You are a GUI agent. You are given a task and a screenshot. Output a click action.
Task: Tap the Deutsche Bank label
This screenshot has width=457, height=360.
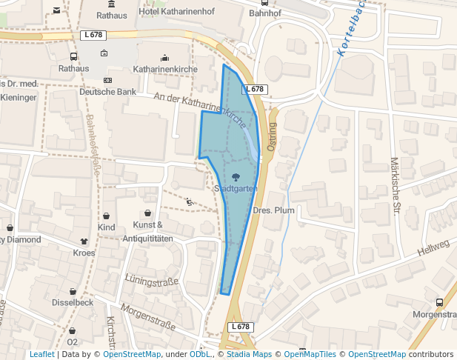(x=108, y=92)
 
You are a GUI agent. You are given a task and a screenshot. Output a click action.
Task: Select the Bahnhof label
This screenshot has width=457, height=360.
(x=265, y=13)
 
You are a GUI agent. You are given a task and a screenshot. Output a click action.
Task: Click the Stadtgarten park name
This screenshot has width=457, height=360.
(x=236, y=189)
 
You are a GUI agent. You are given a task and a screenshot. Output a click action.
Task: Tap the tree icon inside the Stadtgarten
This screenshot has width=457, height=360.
(x=236, y=176)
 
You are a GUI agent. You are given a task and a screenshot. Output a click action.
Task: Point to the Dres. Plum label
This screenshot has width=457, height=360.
(x=274, y=210)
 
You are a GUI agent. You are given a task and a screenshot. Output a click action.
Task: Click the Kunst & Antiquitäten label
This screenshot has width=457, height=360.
(x=147, y=231)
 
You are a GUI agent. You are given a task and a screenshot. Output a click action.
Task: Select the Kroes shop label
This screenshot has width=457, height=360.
(x=84, y=253)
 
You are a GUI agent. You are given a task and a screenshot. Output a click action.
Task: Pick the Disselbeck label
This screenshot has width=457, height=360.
(x=73, y=302)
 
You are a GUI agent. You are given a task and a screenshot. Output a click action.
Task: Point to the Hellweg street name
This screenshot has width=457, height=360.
(x=433, y=249)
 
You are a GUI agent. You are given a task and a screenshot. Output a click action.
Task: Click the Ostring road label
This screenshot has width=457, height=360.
(x=272, y=137)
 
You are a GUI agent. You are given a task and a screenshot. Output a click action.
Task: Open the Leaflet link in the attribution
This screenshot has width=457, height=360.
(x=41, y=354)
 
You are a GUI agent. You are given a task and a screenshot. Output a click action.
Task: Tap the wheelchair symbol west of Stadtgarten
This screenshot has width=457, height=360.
(x=190, y=201)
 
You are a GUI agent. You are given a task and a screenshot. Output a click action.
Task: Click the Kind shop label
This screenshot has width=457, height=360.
(x=107, y=227)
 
